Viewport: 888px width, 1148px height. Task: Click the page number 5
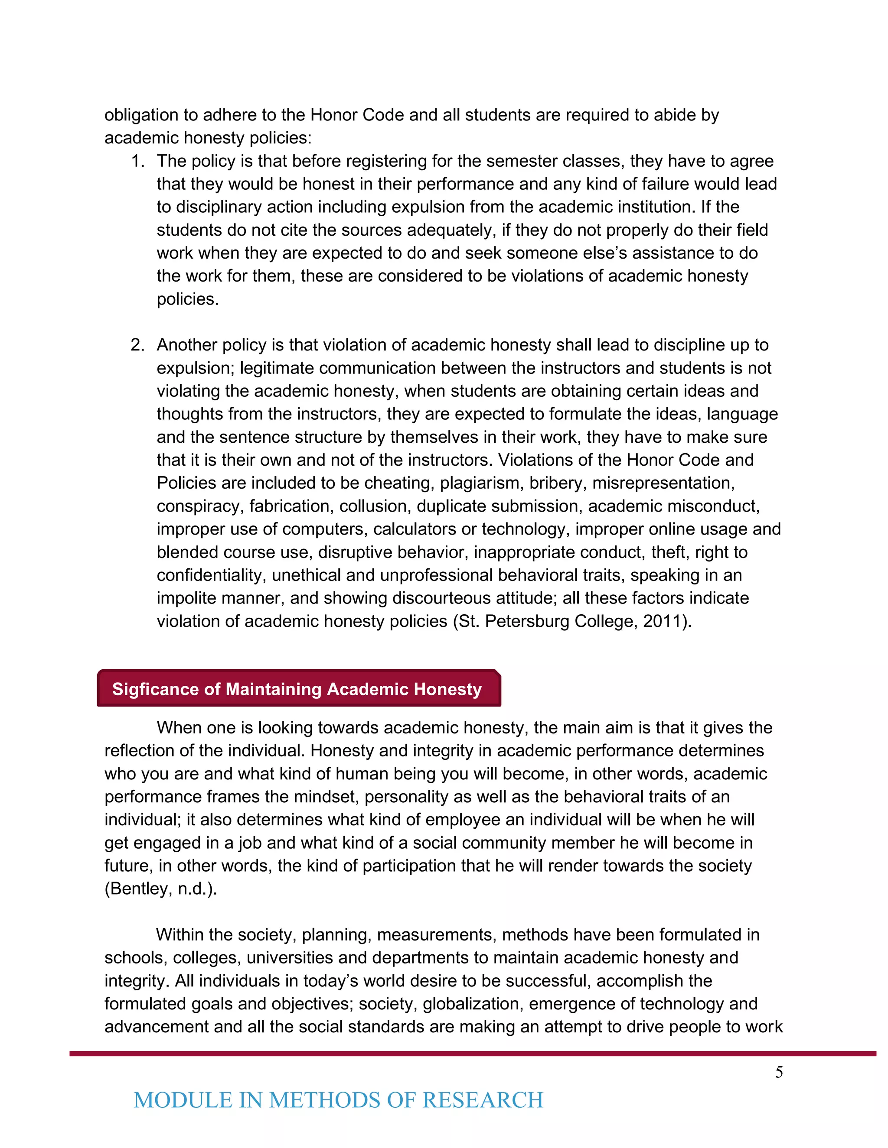(779, 1072)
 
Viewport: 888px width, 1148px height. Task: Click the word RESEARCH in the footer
(483, 1100)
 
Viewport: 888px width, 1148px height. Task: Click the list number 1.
(137, 161)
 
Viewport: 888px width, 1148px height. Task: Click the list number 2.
(137, 345)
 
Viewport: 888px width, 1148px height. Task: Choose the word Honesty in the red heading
(447, 689)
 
